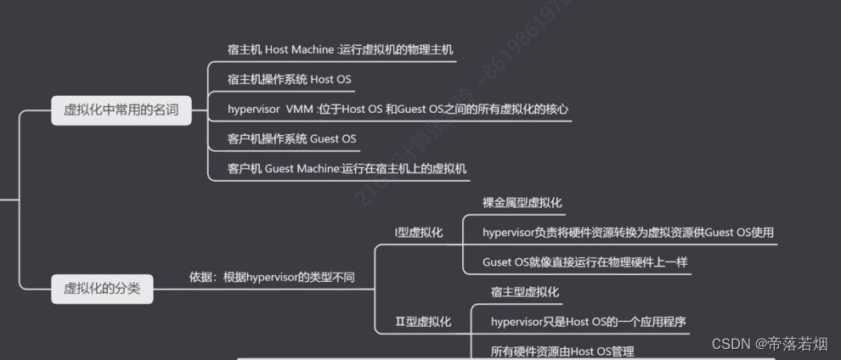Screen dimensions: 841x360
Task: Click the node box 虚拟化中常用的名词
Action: click(x=121, y=110)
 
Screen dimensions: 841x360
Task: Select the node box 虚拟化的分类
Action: click(x=102, y=289)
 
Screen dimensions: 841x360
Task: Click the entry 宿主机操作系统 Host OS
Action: click(x=289, y=79)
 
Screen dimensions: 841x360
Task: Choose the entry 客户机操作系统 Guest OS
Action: click(x=291, y=138)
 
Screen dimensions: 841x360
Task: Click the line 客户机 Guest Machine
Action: click(x=347, y=168)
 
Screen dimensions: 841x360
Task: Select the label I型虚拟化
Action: click(x=419, y=232)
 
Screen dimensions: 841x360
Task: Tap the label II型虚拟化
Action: click(x=423, y=322)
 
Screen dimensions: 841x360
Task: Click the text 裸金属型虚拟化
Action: click(x=522, y=202)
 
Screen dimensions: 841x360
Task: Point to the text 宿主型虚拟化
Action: click(x=525, y=292)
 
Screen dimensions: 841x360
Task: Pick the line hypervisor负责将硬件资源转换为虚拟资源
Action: click(x=628, y=232)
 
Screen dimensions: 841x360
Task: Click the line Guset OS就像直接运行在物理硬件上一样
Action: click(x=584, y=262)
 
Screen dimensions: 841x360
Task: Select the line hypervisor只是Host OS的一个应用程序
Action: click(x=588, y=322)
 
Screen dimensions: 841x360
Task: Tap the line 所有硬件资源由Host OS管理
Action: click(x=562, y=351)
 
